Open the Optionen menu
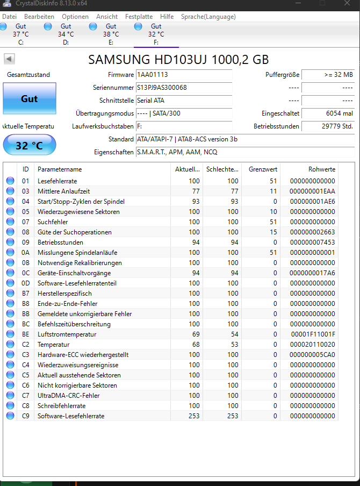[x=75, y=17]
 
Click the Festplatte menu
[x=139, y=17]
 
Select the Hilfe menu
[x=167, y=17]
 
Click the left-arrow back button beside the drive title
[x=10, y=59]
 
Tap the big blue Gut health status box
[x=29, y=99]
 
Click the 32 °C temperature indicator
[x=29, y=146]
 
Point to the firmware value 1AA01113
[x=153, y=75]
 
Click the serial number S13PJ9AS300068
[x=162, y=88]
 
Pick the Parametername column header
[x=60, y=169]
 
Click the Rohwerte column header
[x=321, y=169]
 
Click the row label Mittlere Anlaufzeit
[x=63, y=191]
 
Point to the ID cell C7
[x=26, y=396]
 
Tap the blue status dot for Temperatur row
[x=10, y=345]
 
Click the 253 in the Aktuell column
[x=193, y=416]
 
